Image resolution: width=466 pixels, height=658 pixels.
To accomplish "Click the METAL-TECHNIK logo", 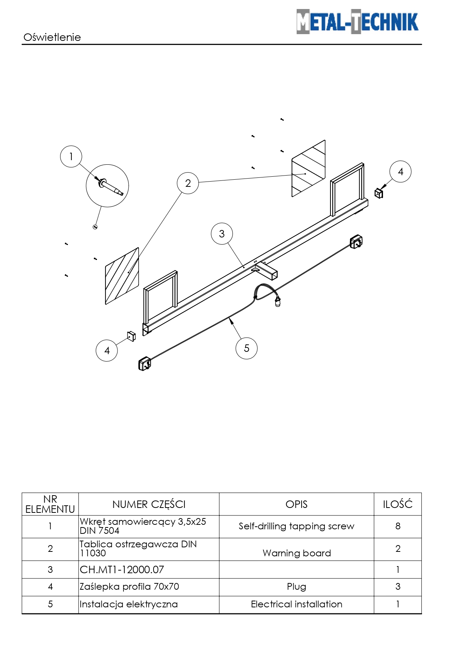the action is (357, 21).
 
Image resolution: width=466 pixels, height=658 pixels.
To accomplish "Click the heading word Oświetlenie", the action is (52, 37).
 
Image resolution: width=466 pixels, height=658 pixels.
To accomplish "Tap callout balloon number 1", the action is (71, 156).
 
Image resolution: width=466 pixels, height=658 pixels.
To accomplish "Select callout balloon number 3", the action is (222, 234).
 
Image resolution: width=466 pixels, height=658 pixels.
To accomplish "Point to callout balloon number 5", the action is (246, 348).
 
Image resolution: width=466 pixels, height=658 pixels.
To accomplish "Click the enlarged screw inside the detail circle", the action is (111, 187).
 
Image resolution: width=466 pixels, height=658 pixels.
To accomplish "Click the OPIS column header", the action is (297, 504).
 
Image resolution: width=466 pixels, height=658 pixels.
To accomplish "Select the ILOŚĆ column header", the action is (398, 504).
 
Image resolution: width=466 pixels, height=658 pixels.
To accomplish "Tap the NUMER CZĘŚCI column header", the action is (149, 504).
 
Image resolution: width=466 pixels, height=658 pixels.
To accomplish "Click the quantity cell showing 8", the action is (398, 526).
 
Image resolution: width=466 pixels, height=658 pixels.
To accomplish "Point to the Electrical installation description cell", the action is (297, 604).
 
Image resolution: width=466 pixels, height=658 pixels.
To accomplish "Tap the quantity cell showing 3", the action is (398, 587).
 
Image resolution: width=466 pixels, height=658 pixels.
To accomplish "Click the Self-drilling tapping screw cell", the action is (297, 526).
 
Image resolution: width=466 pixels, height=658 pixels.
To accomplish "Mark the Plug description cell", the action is (297, 587).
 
